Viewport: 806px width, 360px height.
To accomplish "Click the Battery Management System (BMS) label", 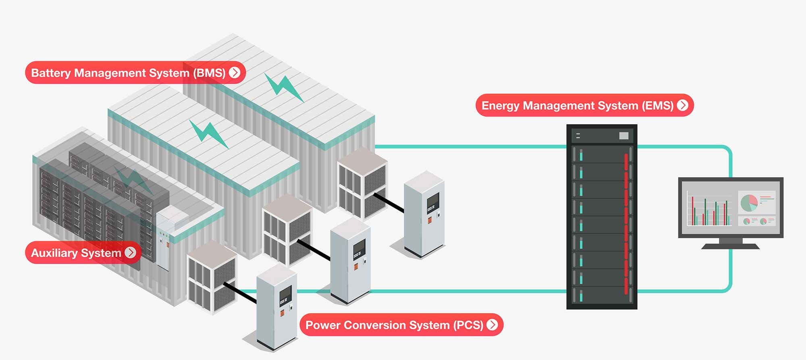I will [128, 73].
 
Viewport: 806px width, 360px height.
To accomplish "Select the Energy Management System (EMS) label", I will [577, 106].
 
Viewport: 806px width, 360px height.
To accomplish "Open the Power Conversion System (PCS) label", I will [394, 325].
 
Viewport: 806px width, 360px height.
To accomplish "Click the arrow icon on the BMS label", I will [235, 73].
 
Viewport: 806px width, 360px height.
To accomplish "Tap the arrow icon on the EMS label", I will [683, 105].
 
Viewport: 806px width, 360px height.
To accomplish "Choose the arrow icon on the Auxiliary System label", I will [130, 252].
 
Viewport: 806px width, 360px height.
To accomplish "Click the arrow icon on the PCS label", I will [492, 325].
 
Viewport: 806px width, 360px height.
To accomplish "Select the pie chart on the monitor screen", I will [749, 203].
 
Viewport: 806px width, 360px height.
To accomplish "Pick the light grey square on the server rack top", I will [623, 136].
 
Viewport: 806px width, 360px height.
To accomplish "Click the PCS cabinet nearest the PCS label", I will [277, 306].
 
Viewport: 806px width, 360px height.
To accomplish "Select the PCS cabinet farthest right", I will [424, 214].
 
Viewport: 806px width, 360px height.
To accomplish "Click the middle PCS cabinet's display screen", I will [359, 249].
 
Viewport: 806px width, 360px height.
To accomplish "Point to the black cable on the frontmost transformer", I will [240, 292].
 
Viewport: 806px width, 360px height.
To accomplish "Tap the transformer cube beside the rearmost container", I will [362, 183].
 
